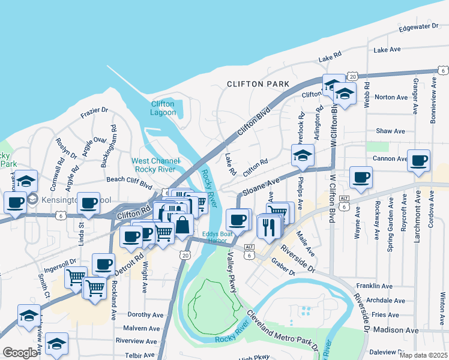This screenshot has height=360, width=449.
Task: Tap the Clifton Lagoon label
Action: tap(163, 108)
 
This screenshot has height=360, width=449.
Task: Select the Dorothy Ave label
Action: tap(146, 314)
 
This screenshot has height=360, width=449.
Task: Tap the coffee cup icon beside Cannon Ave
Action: tap(418, 161)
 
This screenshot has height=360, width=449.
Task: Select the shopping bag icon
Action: tap(183, 226)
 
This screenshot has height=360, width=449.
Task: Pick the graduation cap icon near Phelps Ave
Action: tap(303, 155)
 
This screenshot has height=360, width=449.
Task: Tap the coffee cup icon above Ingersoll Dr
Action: tap(103, 263)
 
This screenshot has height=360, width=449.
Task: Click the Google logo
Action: tap(20, 353)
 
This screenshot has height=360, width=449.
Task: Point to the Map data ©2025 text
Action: tap(424, 355)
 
